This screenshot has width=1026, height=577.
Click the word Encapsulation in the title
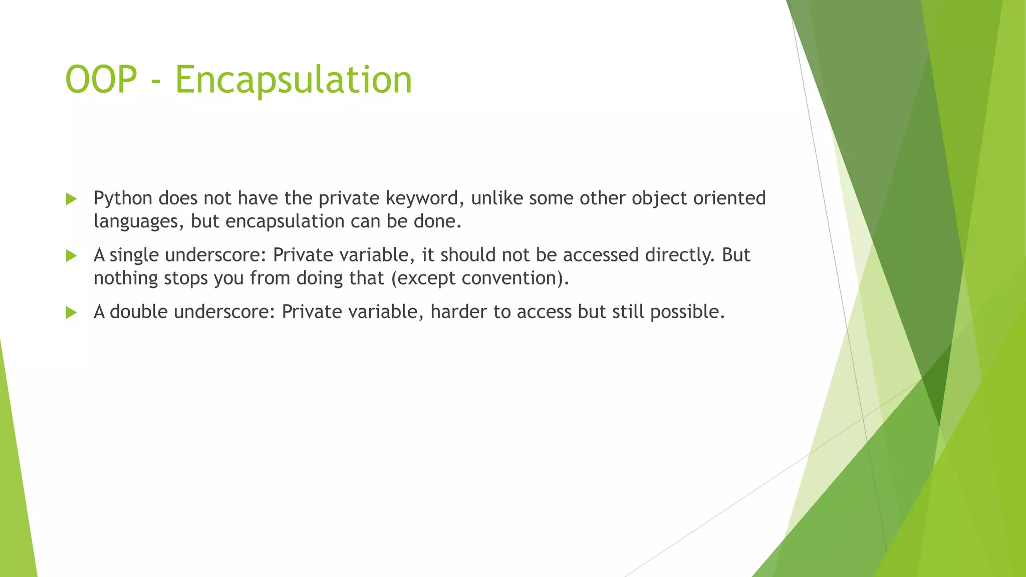293,80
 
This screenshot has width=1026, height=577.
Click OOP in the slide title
101,80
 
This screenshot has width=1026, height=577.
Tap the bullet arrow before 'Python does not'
71,199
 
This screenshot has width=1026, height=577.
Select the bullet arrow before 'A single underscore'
71,256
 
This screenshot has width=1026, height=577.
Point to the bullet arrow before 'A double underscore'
71,313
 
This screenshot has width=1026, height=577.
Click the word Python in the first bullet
123,199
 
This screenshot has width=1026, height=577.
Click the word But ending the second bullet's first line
736,255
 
